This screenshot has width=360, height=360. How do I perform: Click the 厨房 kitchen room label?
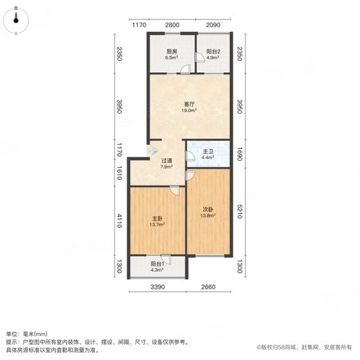[x=172, y=51]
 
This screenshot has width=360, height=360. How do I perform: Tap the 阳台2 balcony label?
[x=213, y=51]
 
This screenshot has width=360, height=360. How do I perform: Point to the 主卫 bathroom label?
[x=208, y=152]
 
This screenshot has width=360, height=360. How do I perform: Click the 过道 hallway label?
[x=166, y=161]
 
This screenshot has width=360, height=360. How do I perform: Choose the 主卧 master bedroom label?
[x=157, y=218]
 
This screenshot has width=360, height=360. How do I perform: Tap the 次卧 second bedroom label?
[x=208, y=210]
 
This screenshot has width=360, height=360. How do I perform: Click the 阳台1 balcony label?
[x=157, y=264]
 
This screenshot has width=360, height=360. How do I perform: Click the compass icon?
[x=16, y=20]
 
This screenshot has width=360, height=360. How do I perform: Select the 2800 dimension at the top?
[x=172, y=25]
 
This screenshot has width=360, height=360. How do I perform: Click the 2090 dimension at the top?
[x=213, y=25]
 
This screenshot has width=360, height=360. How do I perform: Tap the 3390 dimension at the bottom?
[x=158, y=287]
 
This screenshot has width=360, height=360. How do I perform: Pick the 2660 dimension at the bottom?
[x=208, y=287]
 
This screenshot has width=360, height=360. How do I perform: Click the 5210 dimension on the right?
[x=239, y=211]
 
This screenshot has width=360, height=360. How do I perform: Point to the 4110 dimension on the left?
[x=119, y=221]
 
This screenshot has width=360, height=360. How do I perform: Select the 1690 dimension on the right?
[x=239, y=154]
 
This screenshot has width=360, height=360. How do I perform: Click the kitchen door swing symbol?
[x=186, y=69]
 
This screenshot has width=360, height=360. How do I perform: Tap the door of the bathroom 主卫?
[x=190, y=156]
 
